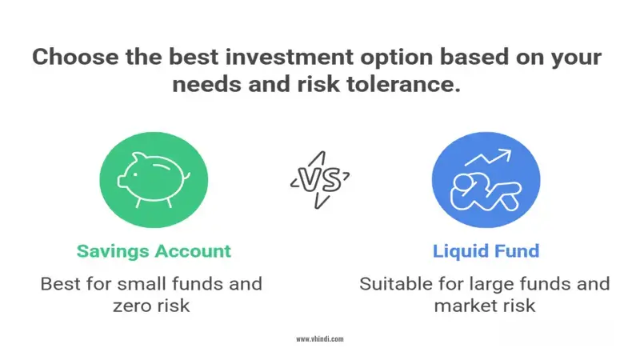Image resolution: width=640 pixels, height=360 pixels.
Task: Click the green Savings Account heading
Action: (154, 251)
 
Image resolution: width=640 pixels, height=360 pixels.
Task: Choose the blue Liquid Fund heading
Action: (486, 251)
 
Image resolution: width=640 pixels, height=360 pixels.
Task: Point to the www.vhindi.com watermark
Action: (320, 339)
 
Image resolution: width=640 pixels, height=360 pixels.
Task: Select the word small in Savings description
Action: (142, 284)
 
